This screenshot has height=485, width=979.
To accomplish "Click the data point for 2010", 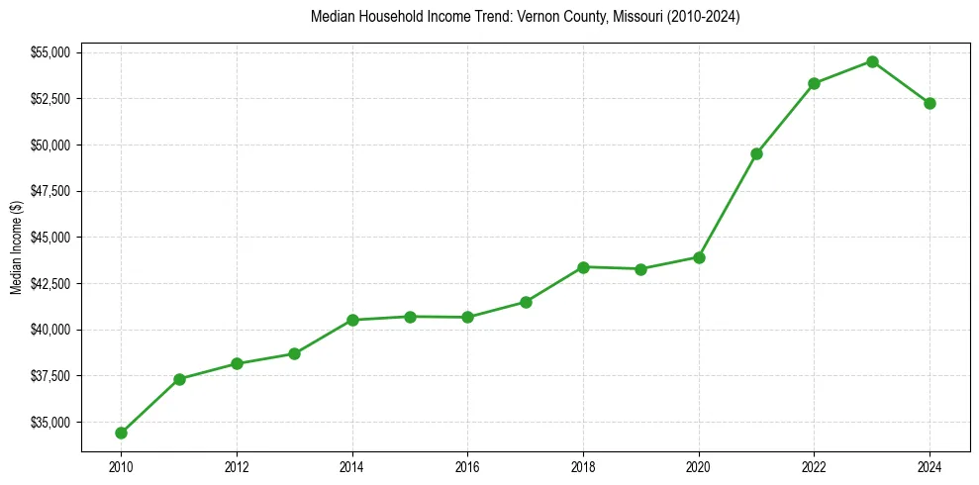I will (121, 433).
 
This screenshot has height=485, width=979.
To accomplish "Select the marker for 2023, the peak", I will (872, 61).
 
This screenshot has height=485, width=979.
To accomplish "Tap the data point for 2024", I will (930, 103).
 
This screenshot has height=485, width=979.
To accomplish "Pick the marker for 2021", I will (756, 153).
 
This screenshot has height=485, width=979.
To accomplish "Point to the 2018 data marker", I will (583, 267).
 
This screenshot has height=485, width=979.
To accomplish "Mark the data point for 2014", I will (352, 320).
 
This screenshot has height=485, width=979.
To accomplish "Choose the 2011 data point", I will (179, 379).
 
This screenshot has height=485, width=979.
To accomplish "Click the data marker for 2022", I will (814, 83).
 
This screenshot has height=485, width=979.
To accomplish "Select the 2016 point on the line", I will (467, 317).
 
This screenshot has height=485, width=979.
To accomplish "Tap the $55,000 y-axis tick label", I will (51, 52).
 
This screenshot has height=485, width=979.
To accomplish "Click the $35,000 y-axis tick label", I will (51, 422).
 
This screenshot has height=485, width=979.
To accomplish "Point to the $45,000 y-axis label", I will (51, 238).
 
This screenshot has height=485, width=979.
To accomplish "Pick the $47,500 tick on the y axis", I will (51, 191).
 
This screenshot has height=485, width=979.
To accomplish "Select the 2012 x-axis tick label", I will (237, 466).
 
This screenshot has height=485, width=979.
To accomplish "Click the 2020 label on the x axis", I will (699, 466).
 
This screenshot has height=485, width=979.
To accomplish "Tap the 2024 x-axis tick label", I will (930, 466).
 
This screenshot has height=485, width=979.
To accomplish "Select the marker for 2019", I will (640, 269).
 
